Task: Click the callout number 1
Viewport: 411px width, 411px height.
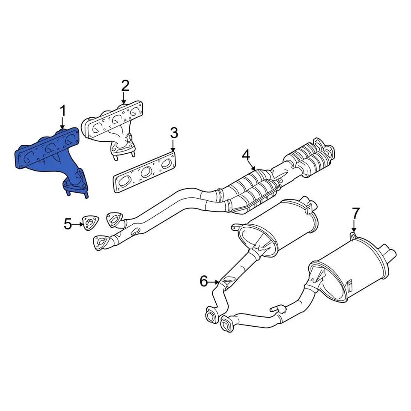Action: pos(63,111)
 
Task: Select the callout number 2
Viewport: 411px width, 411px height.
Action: pos(125,86)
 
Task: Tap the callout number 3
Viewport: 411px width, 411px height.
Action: pos(173,133)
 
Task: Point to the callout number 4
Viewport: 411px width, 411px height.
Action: pos(246,155)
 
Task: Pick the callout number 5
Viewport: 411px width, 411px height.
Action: pos(68,223)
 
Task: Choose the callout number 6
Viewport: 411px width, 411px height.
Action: pos(204,281)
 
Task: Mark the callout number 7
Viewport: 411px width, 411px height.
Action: pos(356,213)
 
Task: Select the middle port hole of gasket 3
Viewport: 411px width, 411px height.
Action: pos(146,172)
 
